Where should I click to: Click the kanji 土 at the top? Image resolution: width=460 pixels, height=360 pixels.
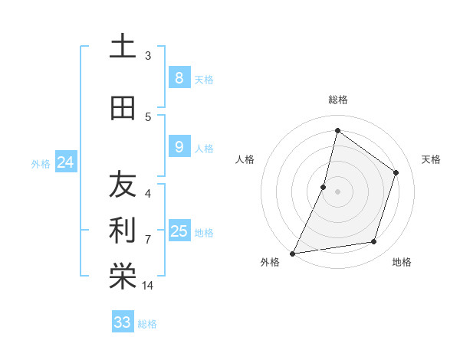pos(123,46)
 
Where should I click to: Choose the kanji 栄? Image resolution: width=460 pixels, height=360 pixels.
pos(123,277)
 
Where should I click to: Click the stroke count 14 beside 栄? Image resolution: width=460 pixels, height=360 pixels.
pos(148,286)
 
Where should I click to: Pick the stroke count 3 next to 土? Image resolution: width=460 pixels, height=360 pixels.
pos(148,55)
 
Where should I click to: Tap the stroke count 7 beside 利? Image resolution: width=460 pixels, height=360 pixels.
pos(148,239)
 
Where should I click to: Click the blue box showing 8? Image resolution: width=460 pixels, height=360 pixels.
pos(179,77)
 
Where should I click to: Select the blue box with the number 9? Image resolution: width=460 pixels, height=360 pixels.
pos(179,146)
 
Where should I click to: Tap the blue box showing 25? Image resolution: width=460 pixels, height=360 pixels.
pos(179,231)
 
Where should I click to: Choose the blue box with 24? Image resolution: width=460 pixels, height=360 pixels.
pos(65,162)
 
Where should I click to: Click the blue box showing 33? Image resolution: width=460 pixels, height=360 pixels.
pos(122,322)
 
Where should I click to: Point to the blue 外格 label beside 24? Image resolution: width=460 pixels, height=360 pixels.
pos(41,163)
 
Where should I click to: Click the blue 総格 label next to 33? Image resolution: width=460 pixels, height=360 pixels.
pos(147,324)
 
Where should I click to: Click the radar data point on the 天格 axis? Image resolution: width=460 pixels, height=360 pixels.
pos(396,172)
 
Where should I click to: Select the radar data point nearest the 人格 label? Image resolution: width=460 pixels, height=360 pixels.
pos(324,187)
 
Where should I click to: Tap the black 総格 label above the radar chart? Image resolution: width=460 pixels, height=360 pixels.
pos(337,100)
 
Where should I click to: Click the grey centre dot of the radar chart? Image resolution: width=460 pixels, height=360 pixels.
pos(337,191)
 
